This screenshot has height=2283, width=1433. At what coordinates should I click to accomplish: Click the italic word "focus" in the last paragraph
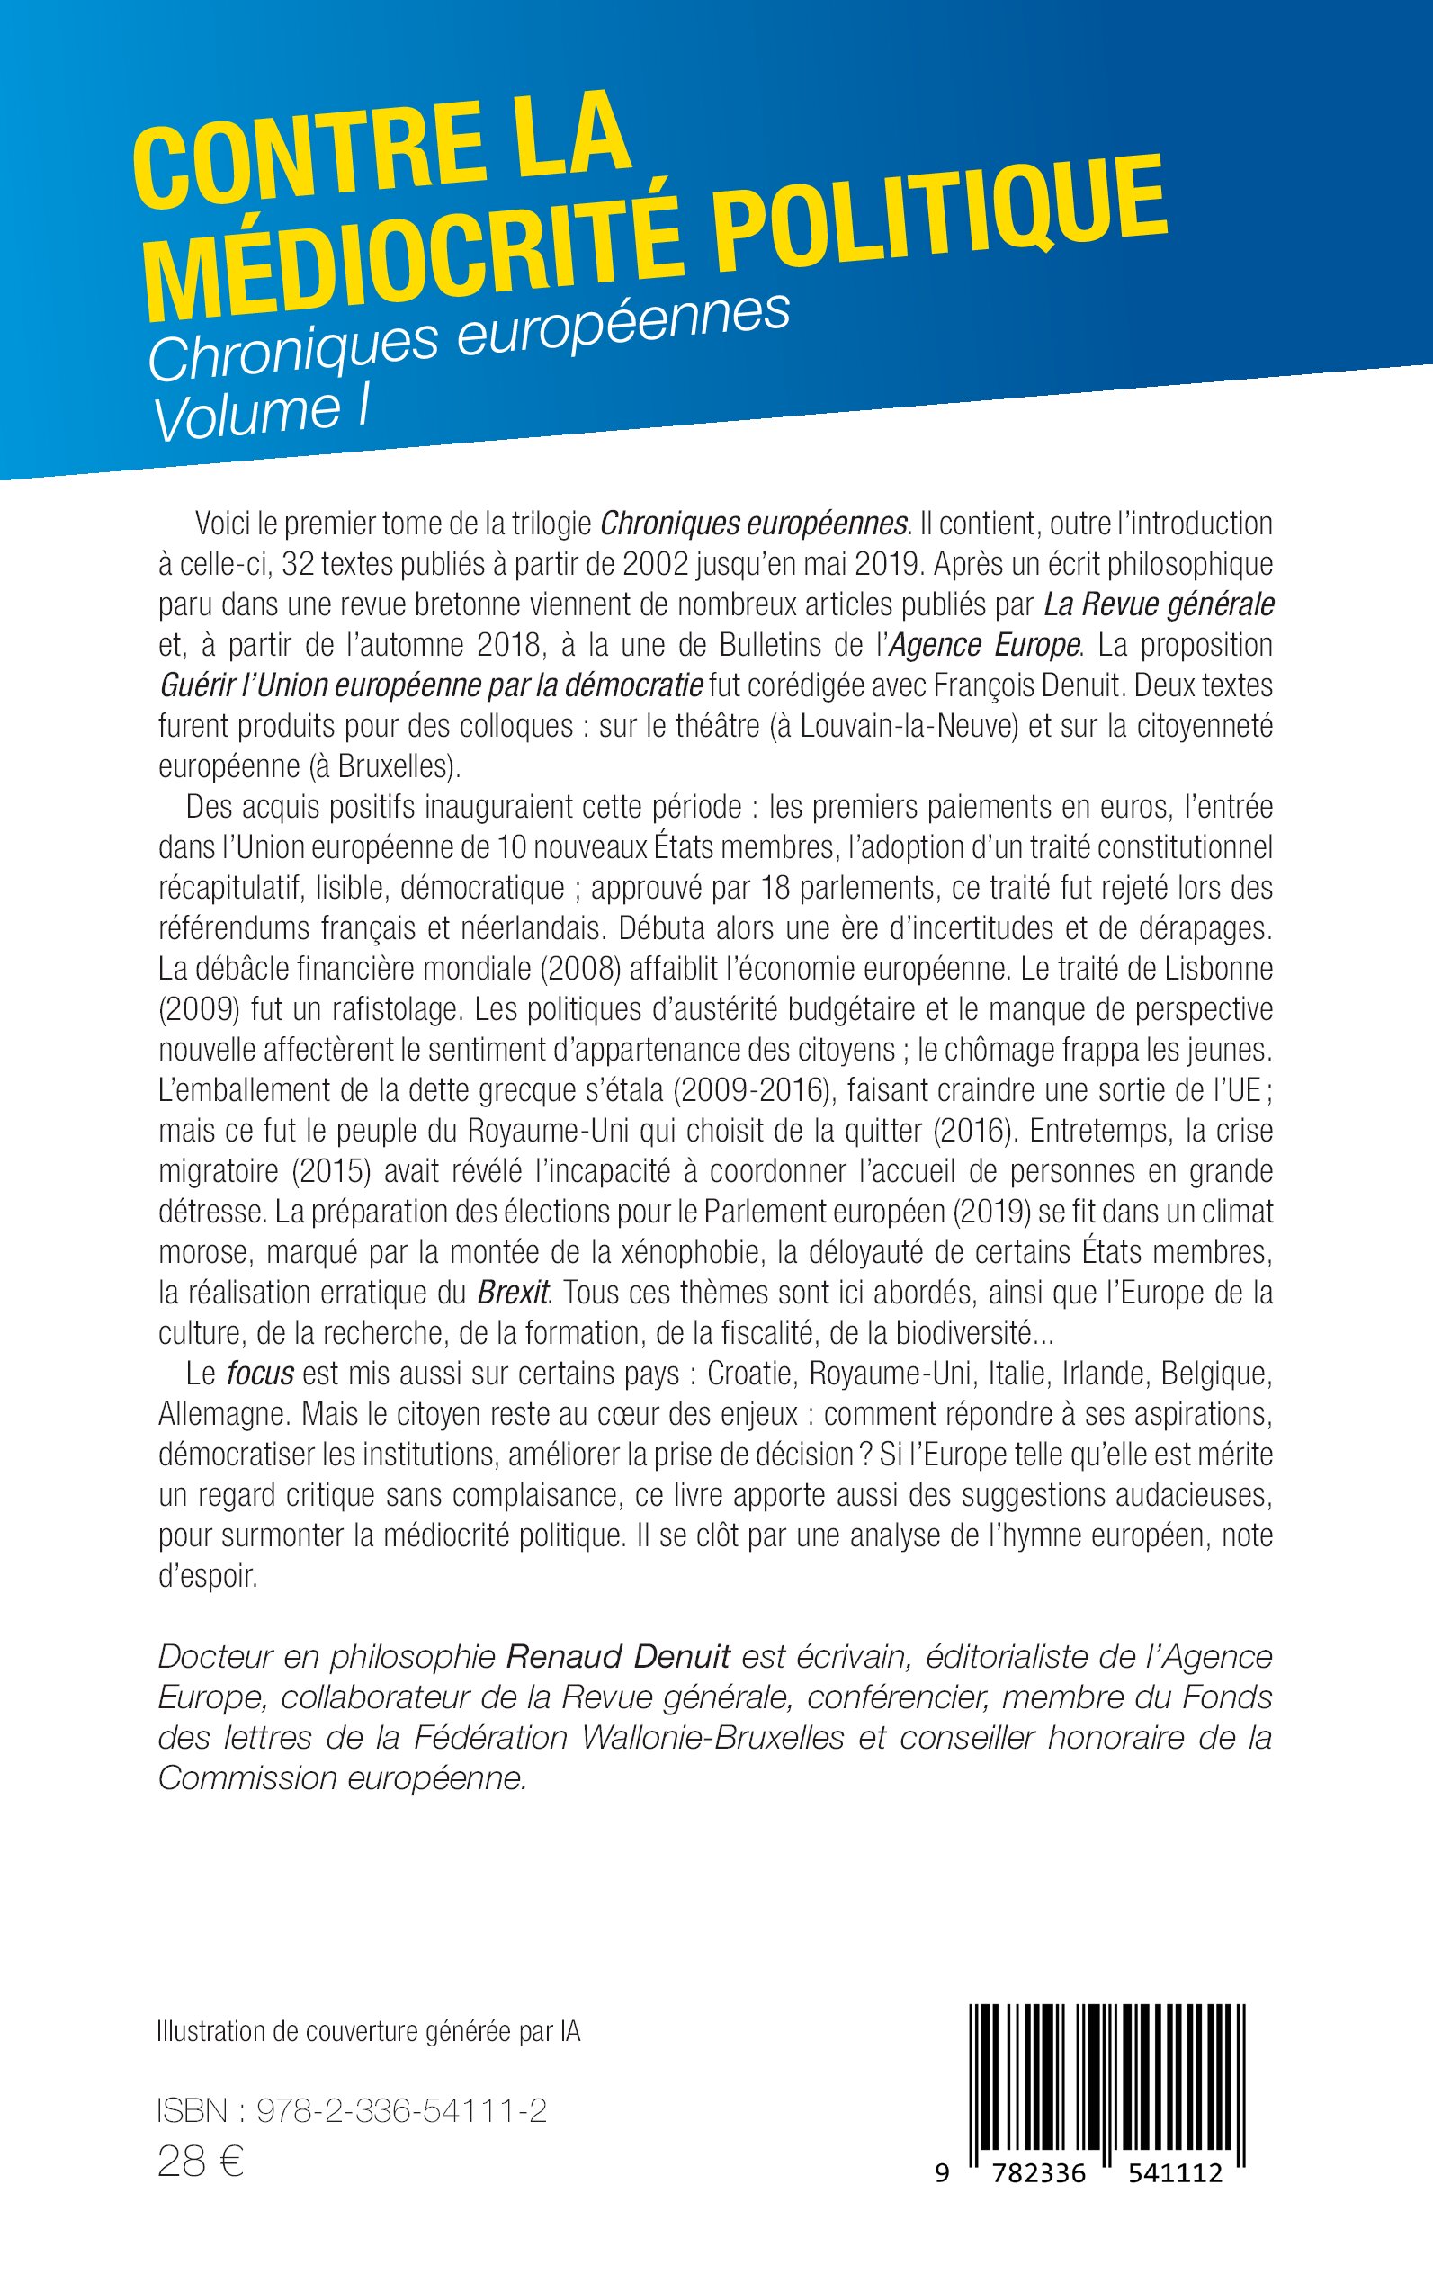pos(260,1374)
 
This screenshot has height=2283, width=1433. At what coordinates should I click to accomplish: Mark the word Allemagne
pos(224,1414)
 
